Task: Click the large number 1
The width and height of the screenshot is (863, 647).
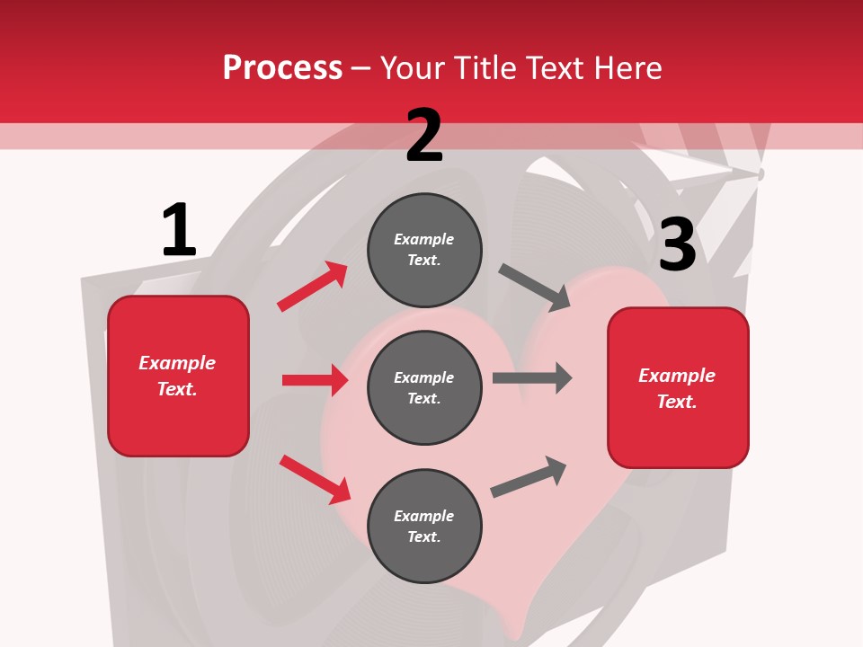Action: (x=179, y=230)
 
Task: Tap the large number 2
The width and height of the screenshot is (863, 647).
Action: (x=424, y=136)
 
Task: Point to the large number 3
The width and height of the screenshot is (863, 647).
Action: (x=677, y=244)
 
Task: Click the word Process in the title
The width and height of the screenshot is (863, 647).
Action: (x=282, y=68)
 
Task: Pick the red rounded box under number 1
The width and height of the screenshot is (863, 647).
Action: (x=178, y=376)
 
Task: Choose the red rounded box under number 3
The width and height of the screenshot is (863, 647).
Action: (x=678, y=387)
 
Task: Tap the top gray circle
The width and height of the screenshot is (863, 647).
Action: (x=424, y=250)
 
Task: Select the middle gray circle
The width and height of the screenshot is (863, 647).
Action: (x=424, y=387)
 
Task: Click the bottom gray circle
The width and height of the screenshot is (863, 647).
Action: (x=424, y=526)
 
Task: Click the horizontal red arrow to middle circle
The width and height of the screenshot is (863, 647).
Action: (x=315, y=380)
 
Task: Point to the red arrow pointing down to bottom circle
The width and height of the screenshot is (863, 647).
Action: (x=315, y=479)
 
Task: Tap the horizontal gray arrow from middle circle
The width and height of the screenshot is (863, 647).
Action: (x=532, y=378)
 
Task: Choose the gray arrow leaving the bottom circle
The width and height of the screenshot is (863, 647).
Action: (x=529, y=476)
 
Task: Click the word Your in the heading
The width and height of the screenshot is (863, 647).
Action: (x=412, y=68)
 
